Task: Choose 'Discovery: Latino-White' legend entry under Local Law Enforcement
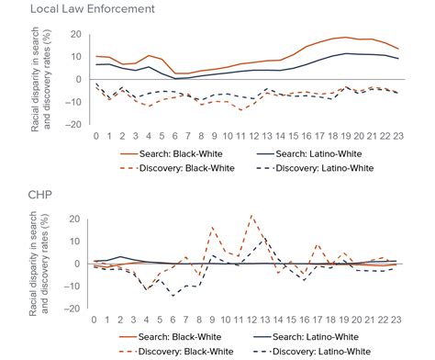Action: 315,168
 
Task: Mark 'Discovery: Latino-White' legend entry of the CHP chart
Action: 315,352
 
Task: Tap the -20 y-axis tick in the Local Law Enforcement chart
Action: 73,124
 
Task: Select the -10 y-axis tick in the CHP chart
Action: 73,286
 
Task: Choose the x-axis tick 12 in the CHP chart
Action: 251,320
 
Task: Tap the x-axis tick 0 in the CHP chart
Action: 95,320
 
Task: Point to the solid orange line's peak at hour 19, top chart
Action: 343,38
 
